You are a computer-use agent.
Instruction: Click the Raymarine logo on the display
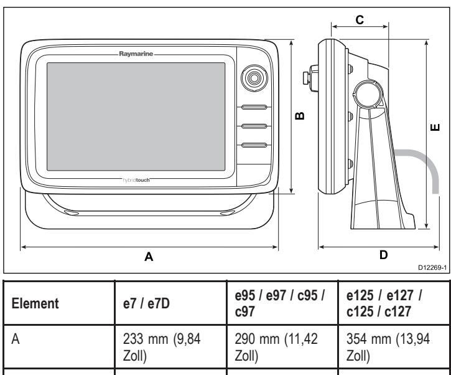click(x=136, y=54)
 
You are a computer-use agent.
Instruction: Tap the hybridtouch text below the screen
click(x=136, y=180)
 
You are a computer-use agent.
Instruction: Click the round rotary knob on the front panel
click(x=254, y=78)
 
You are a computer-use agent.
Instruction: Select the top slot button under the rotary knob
click(x=254, y=107)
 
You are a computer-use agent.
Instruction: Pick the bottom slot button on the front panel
click(x=254, y=145)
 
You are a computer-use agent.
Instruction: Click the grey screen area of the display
click(x=136, y=116)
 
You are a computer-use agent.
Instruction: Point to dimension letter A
click(x=149, y=257)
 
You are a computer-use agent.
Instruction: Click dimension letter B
click(x=300, y=116)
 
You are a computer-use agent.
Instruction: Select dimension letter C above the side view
click(x=360, y=20)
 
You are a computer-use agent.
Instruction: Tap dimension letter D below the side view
click(x=383, y=255)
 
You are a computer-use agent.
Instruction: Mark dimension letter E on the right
click(x=435, y=127)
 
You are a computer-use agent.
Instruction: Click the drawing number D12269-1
click(x=432, y=268)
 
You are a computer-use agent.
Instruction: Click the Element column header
click(x=35, y=303)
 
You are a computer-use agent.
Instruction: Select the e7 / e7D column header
click(x=146, y=303)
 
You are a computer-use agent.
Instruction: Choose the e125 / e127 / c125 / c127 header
click(x=384, y=303)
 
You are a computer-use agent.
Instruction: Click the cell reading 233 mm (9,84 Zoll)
click(x=162, y=347)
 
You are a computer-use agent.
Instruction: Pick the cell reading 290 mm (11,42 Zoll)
click(x=276, y=347)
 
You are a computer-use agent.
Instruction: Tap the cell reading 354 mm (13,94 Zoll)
click(x=388, y=347)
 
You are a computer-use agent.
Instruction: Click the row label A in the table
click(x=16, y=339)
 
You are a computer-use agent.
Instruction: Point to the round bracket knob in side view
click(x=367, y=93)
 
